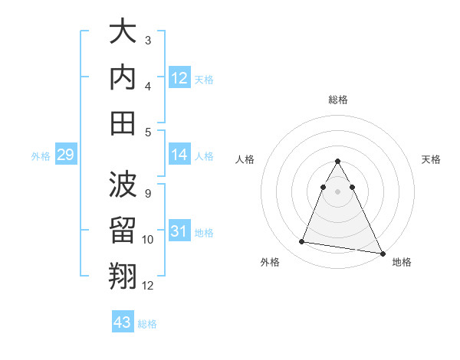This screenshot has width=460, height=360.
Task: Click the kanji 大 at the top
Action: [124, 31]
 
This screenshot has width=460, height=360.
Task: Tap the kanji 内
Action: [124, 77]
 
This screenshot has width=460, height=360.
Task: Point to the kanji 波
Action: [124, 185]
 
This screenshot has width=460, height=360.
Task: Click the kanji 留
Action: [124, 231]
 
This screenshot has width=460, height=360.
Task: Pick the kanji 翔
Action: [124, 277]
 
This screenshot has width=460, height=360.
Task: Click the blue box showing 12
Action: [179, 77]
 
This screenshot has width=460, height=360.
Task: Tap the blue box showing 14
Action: [179, 155]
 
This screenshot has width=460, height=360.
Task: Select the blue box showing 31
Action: [179, 231]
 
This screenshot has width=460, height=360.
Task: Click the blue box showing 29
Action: [65, 155]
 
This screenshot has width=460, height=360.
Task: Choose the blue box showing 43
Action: [123, 322]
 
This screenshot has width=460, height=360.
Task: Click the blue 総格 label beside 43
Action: [147, 324]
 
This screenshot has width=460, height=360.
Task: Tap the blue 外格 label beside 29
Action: [41, 156]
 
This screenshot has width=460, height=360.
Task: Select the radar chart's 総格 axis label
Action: [338, 100]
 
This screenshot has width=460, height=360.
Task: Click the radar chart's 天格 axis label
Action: [432, 159]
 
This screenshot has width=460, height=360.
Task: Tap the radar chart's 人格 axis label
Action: [245, 159]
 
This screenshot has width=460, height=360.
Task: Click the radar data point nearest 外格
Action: [301, 242]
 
